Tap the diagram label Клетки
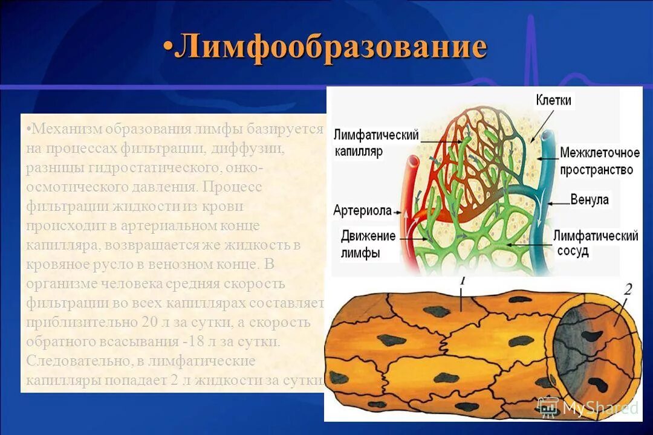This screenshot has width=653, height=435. coord(553,100)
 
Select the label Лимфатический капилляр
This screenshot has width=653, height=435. coord(375,143)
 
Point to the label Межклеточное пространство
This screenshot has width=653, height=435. coord(599,161)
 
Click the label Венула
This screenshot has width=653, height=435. coord(590,199)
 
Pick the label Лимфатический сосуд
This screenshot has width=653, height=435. coord(596,243)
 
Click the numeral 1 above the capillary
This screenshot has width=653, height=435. coord(462,281)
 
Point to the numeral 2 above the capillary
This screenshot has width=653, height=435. coord(628,289)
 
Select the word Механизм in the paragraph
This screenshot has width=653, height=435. coord(67,129)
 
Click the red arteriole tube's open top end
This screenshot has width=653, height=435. coord(414,161)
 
